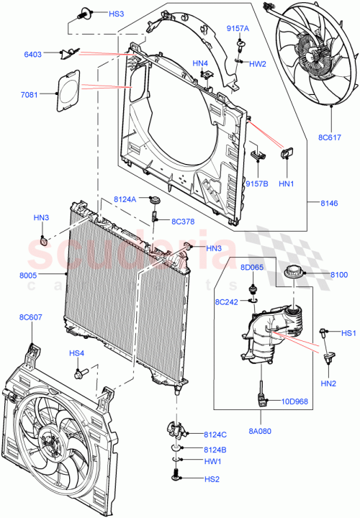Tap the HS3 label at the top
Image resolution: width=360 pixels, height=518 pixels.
tap(116, 14)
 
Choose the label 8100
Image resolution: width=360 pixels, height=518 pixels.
tap(339, 274)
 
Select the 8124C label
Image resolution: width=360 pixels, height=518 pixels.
tap(215, 434)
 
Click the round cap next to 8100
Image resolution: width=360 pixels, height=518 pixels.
tap(294, 274)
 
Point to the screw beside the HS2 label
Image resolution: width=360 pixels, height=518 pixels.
tap(177, 476)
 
